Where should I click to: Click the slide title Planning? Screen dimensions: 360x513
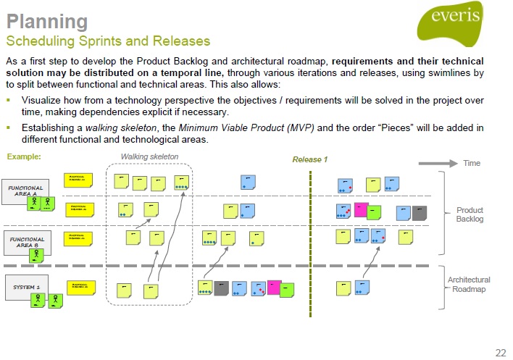(x=47, y=21)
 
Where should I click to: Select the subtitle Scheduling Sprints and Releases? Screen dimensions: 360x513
(x=108, y=40)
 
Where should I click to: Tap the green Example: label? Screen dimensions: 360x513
(x=23, y=156)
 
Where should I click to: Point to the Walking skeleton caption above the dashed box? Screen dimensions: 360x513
(x=149, y=156)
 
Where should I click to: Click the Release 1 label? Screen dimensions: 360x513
(x=310, y=159)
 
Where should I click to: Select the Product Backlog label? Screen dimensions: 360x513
(x=469, y=214)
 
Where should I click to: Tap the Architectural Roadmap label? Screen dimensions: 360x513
(x=469, y=284)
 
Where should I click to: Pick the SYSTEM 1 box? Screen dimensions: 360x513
(x=26, y=286)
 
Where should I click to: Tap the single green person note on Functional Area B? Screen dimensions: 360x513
(x=37, y=254)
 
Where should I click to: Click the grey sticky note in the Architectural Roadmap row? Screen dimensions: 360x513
(x=222, y=289)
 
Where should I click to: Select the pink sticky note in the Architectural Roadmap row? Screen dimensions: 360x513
(x=274, y=288)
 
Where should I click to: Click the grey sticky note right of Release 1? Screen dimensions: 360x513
(x=419, y=213)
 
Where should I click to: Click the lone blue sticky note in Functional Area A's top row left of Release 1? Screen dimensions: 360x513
(x=249, y=183)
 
